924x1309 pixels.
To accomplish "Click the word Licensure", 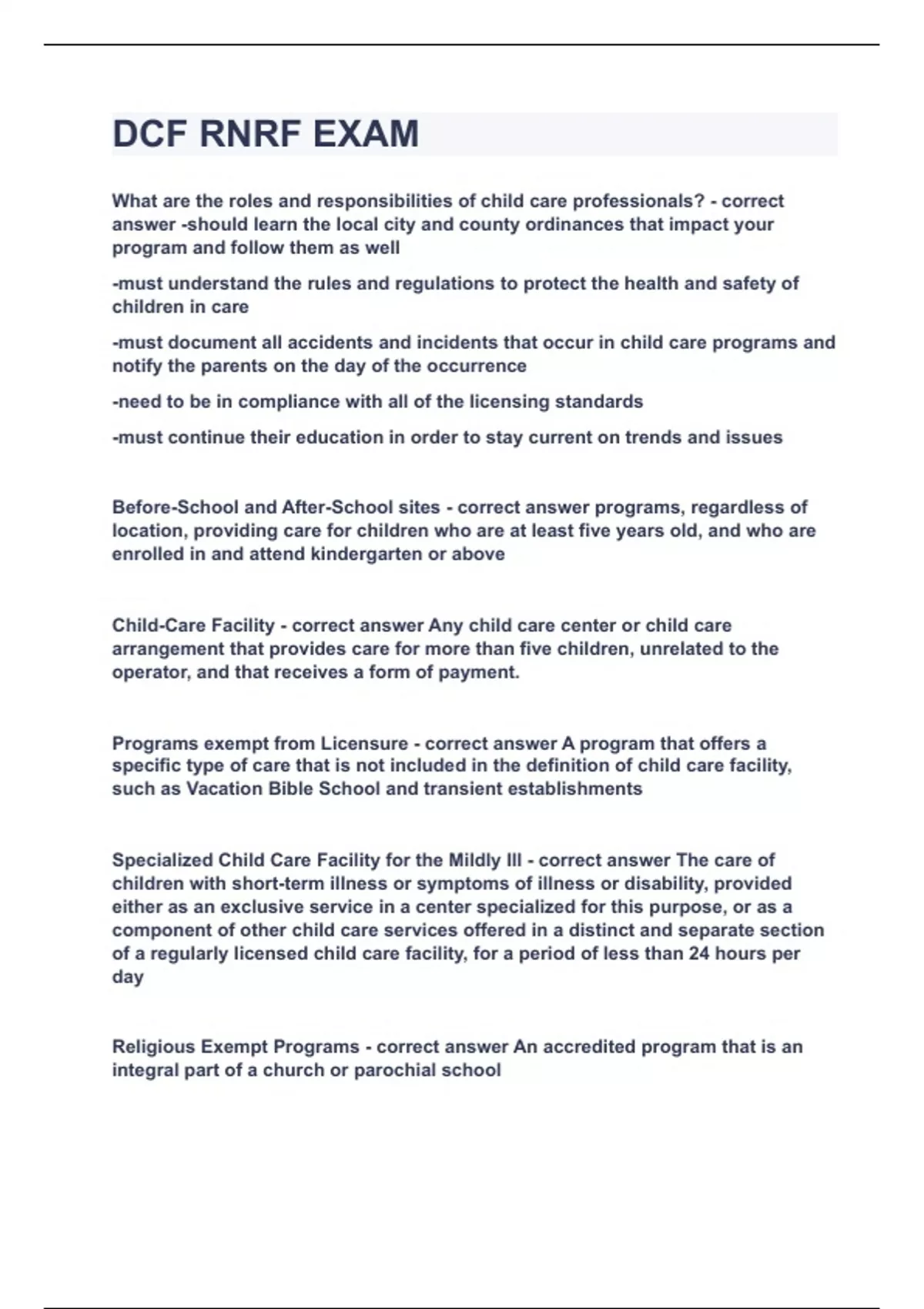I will pos(364,743).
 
